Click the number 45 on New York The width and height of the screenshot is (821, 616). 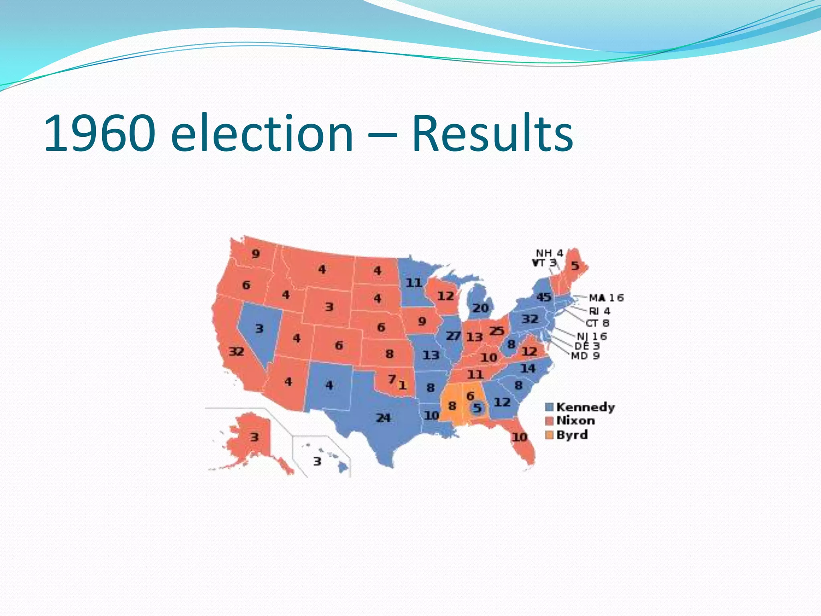point(544,297)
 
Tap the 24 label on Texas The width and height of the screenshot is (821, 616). point(383,418)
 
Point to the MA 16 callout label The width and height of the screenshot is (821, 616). point(606,298)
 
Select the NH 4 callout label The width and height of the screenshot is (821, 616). point(550,253)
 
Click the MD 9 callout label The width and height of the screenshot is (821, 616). point(585,356)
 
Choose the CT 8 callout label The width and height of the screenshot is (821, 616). point(597,323)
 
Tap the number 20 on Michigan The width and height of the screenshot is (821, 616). point(480,308)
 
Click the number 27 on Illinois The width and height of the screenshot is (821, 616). point(453,336)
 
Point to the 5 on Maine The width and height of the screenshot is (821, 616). point(575,265)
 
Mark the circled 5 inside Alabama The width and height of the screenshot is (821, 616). point(477,408)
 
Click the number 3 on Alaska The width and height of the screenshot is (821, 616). point(255,437)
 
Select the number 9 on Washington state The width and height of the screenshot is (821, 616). point(255,254)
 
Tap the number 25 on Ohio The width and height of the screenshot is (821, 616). point(497,331)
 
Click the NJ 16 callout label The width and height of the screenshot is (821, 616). point(592,336)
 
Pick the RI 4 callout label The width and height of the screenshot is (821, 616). point(599,311)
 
